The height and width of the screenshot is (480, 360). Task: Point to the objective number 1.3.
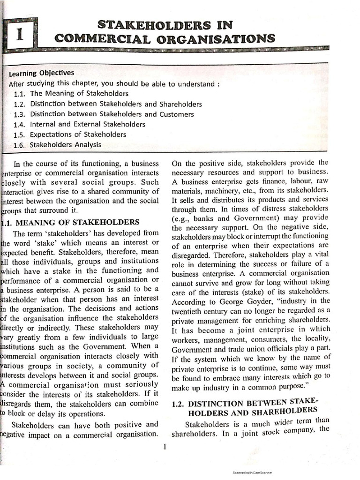click(19, 114)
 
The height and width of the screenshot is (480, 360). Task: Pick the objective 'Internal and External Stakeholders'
click(88, 124)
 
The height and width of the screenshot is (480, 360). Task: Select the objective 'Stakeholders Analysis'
click(65, 145)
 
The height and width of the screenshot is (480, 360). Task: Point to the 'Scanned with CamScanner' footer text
click(252, 473)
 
